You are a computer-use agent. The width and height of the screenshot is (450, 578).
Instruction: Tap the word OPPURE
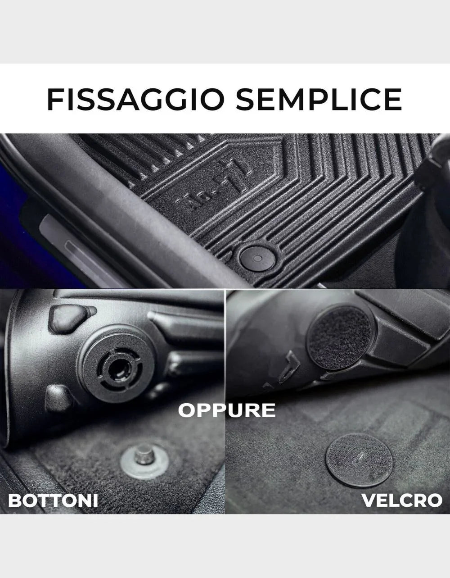pos(227,410)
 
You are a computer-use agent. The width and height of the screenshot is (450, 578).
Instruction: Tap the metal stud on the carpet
pos(144,455)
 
